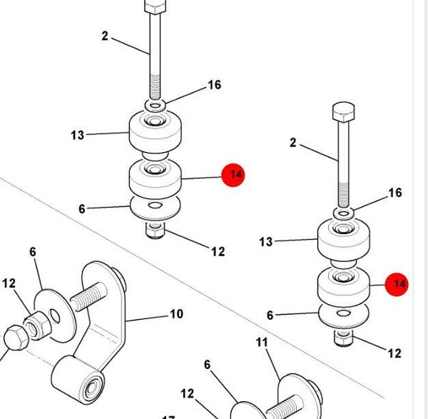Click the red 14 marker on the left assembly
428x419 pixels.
(x=233, y=175)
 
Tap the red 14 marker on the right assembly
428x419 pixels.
(x=397, y=284)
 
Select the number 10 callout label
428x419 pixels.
(x=177, y=314)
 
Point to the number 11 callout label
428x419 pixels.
(x=262, y=342)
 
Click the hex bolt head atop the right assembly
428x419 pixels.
(x=344, y=111)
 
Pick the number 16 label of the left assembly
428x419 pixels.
(x=215, y=85)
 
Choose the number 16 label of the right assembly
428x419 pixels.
(x=395, y=193)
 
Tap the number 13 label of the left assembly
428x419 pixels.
(x=78, y=135)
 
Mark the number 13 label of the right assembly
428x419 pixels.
(x=266, y=242)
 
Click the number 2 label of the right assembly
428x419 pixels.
(x=293, y=143)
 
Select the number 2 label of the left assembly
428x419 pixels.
(x=105, y=36)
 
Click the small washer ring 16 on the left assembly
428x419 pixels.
(x=155, y=105)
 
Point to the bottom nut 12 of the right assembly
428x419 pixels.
(x=343, y=338)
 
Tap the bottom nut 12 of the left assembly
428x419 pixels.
(x=155, y=231)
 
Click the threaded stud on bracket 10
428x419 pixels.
(x=88, y=296)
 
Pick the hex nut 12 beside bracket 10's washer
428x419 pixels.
(x=36, y=325)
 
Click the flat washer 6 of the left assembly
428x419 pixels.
(x=155, y=208)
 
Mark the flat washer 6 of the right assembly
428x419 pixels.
(x=343, y=315)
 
